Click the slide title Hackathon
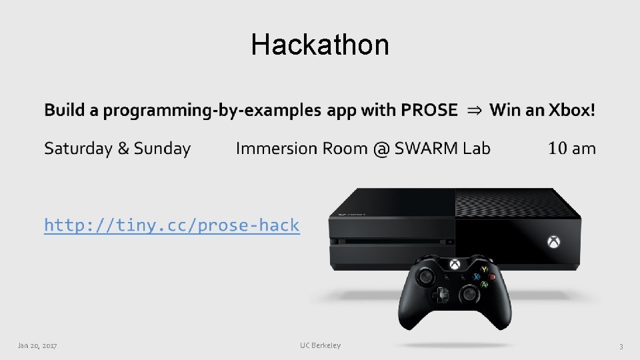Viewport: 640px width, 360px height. coord(320,45)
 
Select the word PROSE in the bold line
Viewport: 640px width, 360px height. coord(429,110)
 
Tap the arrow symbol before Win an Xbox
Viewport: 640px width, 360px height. coord(474,111)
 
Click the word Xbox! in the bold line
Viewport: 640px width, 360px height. coord(571,110)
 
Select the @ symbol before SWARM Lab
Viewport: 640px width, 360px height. coord(381,149)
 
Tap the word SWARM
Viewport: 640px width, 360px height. coord(425,149)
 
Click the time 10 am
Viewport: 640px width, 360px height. coord(571,149)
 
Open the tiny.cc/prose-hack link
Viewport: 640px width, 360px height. coord(171,225)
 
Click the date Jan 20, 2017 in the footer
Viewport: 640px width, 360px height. coord(37,345)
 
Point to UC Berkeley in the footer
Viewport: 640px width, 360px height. coord(320,345)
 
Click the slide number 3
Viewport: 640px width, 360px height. coord(621,346)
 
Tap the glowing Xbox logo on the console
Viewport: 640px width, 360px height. coord(553,241)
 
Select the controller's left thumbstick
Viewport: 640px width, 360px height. coord(425,275)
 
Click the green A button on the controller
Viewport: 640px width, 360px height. coord(485,285)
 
